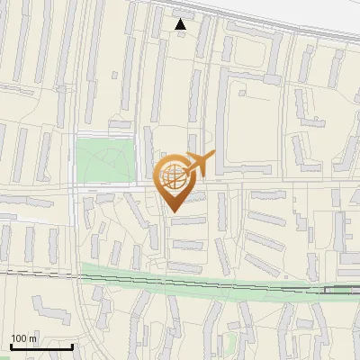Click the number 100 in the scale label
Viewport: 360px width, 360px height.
[20, 338]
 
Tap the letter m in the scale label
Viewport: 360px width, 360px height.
[33, 338]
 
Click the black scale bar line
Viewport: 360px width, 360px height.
[41, 346]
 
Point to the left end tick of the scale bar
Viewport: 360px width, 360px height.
[11, 345]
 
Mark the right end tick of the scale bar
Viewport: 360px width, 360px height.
[72, 345]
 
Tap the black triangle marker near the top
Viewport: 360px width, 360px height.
[181, 24]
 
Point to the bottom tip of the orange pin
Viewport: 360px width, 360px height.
[175, 211]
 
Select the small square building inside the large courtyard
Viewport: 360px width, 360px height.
[241, 90]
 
